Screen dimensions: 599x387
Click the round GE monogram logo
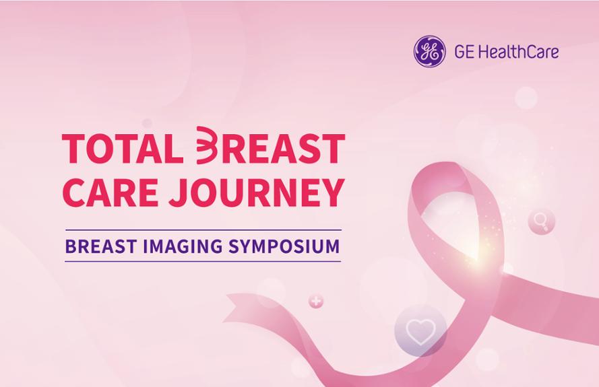[x=429, y=52]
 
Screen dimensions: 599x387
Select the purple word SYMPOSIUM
[x=284, y=246]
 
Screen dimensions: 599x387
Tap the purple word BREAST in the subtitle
[x=101, y=246]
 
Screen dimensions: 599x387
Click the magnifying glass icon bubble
[x=541, y=221]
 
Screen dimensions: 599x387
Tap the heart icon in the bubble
[x=420, y=331]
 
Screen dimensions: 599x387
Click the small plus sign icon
[x=316, y=302]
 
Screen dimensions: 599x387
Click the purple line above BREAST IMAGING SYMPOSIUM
[x=203, y=230]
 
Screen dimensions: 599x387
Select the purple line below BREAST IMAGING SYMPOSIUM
[x=203, y=261]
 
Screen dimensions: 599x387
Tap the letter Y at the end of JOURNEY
[x=331, y=192]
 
